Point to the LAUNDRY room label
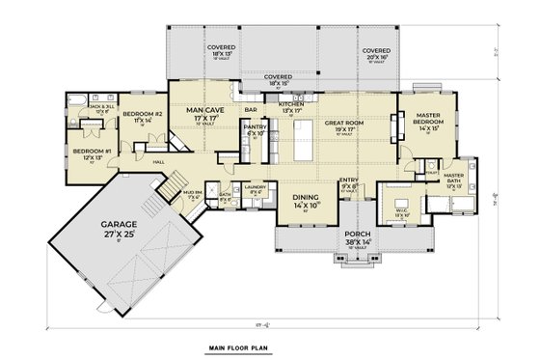tap(255, 188)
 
